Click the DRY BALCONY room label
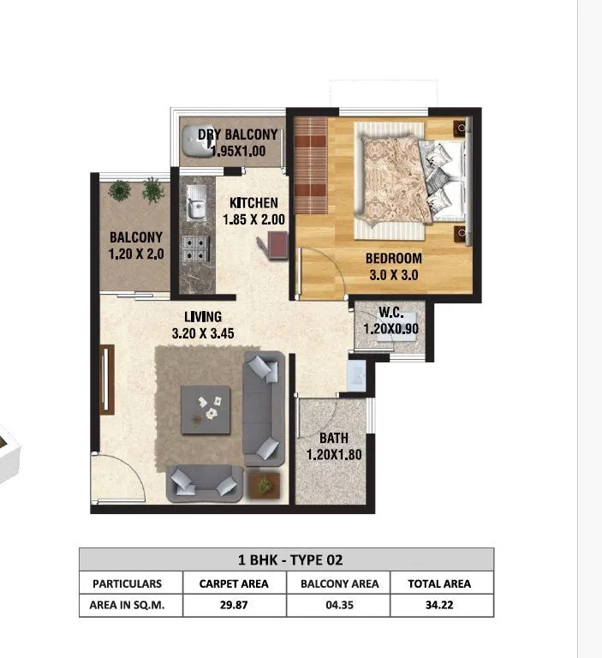click(x=237, y=135)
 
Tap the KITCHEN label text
click(x=253, y=203)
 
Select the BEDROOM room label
click(x=394, y=259)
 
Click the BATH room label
click(x=334, y=439)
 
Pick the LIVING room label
click(x=202, y=317)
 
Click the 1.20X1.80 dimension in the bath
click(x=335, y=455)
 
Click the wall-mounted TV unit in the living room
click(x=106, y=380)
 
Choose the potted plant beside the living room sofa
click(x=265, y=486)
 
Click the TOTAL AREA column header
click(x=441, y=583)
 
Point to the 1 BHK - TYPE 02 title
click(x=287, y=560)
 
